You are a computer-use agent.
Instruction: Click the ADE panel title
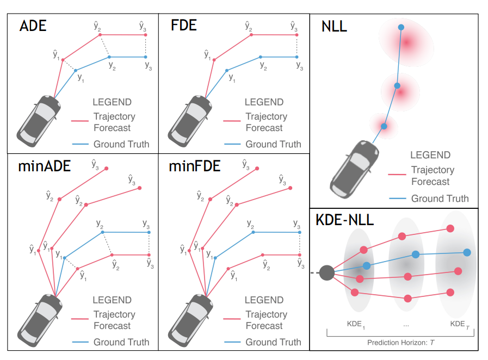[x=33, y=26]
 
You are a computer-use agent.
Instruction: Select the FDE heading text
[x=184, y=26]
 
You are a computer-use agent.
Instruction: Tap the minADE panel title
[x=45, y=166]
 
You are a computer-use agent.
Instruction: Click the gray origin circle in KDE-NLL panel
[x=326, y=272]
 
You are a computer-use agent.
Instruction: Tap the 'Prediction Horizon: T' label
[x=401, y=342]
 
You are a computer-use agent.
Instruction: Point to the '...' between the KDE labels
[x=405, y=324]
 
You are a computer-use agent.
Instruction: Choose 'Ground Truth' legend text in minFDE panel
[x=273, y=342]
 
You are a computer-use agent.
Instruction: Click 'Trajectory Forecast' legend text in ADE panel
[x=114, y=122]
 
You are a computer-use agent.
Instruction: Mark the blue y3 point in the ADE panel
[x=145, y=57]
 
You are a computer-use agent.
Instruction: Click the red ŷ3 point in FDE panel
[x=297, y=34]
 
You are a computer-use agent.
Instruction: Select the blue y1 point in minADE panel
[x=64, y=258]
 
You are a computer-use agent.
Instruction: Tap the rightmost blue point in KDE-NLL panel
[x=467, y=252]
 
